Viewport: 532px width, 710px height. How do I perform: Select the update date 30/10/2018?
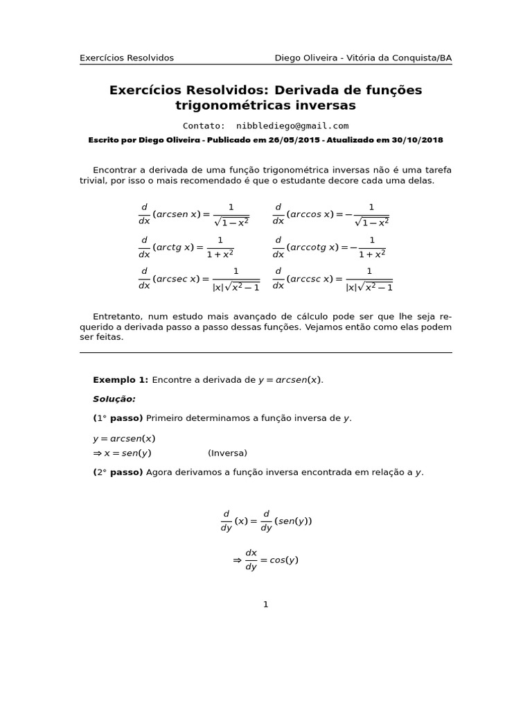[416, 140]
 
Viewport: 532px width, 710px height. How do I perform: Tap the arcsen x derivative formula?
[193, 215]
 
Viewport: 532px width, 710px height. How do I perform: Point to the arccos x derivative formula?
[330, 215]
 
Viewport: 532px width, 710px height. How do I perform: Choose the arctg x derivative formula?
[186, 248]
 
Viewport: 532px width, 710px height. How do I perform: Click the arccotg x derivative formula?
[328, 248]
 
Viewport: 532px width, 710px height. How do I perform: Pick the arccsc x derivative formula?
[332, 279]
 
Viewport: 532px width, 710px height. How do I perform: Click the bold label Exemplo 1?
[121, 380]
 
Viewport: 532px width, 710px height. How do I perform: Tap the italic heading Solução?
[114, 399]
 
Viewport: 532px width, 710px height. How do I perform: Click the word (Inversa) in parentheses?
[227, 453]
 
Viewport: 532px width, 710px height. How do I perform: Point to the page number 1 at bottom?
[265, 605]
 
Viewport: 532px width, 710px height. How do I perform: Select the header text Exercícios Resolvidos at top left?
[127, 58]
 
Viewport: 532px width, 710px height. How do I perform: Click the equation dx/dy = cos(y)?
[266, 560]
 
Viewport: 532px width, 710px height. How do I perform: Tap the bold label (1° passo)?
[118, 419]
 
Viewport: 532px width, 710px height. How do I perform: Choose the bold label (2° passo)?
[118, 473]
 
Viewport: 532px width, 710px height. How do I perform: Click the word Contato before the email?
[204, 126]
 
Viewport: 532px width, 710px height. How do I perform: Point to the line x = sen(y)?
[123, 453]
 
